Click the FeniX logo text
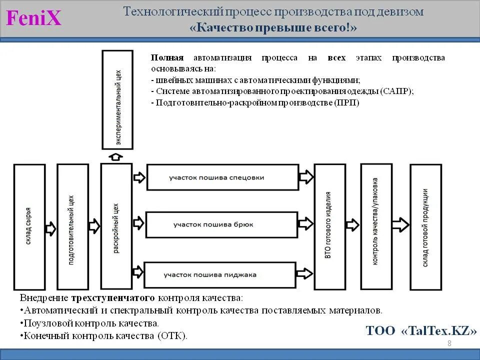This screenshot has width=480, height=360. pyautogui.click(x=34, y=18)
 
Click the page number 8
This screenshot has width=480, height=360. pyautogui.click(x=449, y=343)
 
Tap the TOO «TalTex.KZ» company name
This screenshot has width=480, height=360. pyautogui.click(x=421, y=330)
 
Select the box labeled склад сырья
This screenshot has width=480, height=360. pyautogui.click(x=29, y=227)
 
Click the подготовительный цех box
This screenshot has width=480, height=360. pyautogui.click(x=72, y=227)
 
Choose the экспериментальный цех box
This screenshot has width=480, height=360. pyautogui.click(x=117, y=99)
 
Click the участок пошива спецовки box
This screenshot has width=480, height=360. pyautogui.click(x=216, y=177)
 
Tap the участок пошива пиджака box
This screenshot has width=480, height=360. pyautogui.click(x=218, y=274)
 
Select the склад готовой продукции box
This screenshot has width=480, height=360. pyautogui.click(x=425, y=227)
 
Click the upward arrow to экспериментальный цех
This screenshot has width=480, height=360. pyautogui.click(x=116, y=156)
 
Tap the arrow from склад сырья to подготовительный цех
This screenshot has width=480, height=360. pyautogui.click(x=50, y=228)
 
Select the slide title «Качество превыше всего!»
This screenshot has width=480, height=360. pyautogui.click(x=273, y=28)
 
